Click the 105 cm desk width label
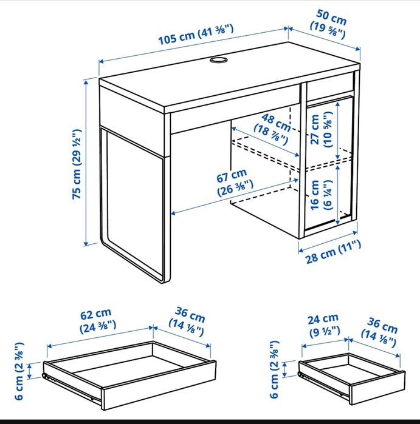pyautogui.click(x=196, y=35)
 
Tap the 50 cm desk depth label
pyautogui.click(x=329, y=24)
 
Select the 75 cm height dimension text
pyautogui.click(x=77, y=164)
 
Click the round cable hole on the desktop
pyautogui.click(x=218, y=60)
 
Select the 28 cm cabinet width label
pyautogui.click(x=333, y=252)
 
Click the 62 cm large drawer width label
pyautogui.click(x=97, y=320)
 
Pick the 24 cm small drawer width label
pyautogui.click(x=324, y=325)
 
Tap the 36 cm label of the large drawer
pyautogui.click(x=187, y=321)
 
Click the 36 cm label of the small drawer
pyautogui.click(x=379, y=332)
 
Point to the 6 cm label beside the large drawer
pyautogui.click(x=19, y=371)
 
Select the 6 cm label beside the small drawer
pyautogui.click(x=274, y=369)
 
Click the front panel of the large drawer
pyautogui.click(x=159, y=385)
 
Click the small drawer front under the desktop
pyautogui.click(x=330, y=85)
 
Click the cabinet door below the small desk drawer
pyautogui.click(x=329, y=164)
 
